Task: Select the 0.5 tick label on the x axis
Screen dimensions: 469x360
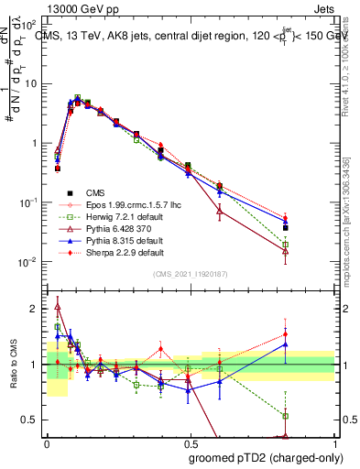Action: (191, 442)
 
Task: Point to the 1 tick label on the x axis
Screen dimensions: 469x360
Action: (333, 442)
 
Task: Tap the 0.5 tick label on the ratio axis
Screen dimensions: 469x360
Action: (31, 420)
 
